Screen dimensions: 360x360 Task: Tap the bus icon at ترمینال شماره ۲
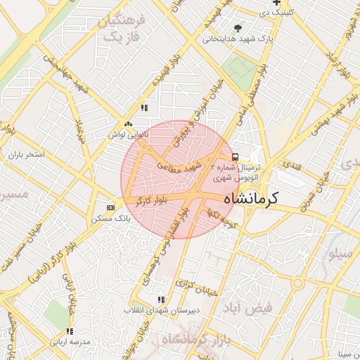(x=235, y=157)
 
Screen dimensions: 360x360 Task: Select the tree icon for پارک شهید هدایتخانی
(x=238, y=28)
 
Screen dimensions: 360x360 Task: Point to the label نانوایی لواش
(x=128, y=132)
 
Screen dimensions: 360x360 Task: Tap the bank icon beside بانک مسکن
(x=110, y=207)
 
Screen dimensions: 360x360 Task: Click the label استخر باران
(x=26, y=153)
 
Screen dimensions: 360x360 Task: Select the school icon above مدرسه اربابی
(x=69, y=331)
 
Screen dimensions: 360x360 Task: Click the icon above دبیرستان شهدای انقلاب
(x=162, y=300)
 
